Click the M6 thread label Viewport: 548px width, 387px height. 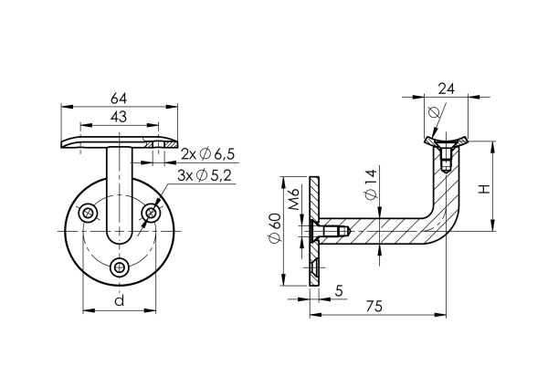[294, 200]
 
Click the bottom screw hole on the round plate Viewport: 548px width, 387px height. [118, 267]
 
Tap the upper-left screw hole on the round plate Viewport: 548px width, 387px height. [88, 214]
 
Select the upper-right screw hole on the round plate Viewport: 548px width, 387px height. [149, 214]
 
